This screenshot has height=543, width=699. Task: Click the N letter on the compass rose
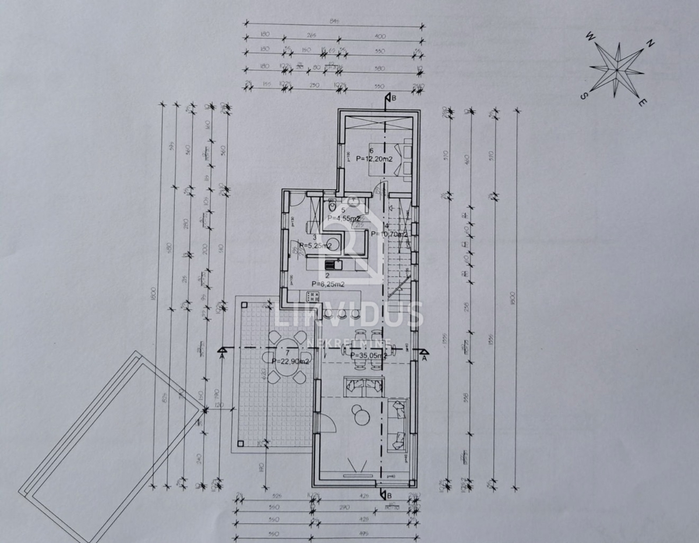[x=651, y=43]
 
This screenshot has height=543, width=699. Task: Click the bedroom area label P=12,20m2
[x=373, y=158]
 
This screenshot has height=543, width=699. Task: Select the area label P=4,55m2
[x=344, y=218]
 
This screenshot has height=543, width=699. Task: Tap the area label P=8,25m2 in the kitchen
[x=327, y=283]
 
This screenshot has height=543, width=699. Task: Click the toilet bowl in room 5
[x=330, y=207]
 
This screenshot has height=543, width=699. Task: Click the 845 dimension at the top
[x=334, y=22]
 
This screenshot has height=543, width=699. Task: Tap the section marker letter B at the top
[x=394, y=98]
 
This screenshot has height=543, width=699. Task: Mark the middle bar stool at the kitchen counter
[x=342, y=314]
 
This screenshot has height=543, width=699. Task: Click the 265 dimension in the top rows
[x=310, y=36]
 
